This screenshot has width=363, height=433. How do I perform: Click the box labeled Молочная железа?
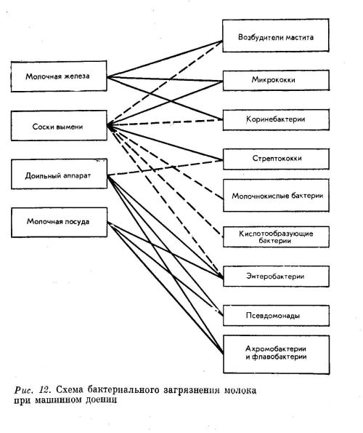59,76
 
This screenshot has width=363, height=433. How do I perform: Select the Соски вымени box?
59,126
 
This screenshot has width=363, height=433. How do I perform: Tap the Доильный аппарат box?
59,174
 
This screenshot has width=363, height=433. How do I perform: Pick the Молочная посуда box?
59,223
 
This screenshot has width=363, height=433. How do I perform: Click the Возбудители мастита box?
275,36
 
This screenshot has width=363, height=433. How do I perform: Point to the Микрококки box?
276,80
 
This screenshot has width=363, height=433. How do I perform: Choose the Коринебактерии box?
276,120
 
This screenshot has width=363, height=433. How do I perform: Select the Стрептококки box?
276,159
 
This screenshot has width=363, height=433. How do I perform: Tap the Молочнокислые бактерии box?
276,196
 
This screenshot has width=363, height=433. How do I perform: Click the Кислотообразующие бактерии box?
276,237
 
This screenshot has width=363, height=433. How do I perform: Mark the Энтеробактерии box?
276,277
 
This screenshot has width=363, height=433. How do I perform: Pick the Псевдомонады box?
276,316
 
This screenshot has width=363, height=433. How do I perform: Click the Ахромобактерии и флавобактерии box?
276,354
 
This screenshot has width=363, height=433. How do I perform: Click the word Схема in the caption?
70,390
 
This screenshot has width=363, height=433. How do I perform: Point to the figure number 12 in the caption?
44,390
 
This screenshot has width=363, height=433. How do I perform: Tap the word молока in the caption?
240,391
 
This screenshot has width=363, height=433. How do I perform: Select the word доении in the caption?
101,400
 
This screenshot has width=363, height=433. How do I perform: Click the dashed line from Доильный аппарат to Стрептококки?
165,167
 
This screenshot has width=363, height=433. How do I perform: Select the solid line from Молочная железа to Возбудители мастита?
165,59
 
